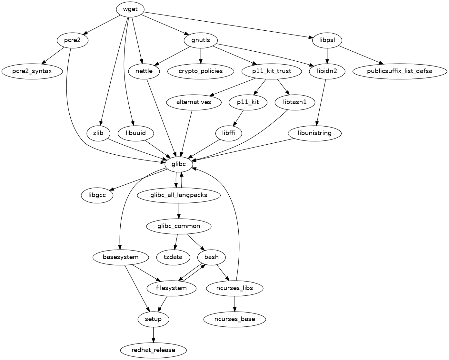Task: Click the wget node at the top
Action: pyautogui.click(x=130, y=9)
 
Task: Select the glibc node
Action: pyautogui.click(x=179, y=164)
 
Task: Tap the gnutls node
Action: pyautogui.click(x=201, y=40)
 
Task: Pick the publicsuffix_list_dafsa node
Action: pyautogui.click(x=399, y=71)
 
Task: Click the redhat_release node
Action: pyautogui.click(x=153, y=350)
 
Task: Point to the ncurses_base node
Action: pyautogui.click(x=234, y=319)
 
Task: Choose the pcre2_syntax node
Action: pyautogui.click(x=32, y=71)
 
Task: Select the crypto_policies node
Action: pyautogui.click(x=201, y=71)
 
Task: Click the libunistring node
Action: pyautogui.click(x=314, y=133)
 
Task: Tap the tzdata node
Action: pyautogui.click(x=173, y=257)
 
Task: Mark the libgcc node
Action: pyautogui.click(x=97, y=195)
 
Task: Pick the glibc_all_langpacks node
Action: pyautogui.click(x=179, y=195)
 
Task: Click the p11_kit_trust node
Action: pyautogui.click(x=272, y=71)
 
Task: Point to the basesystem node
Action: pyautogui.click(x=121, y=257)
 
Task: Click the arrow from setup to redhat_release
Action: pyautogui.click(x=153, y=334)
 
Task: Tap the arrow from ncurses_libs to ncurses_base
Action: pyautogui.click(x=234, y=303)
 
